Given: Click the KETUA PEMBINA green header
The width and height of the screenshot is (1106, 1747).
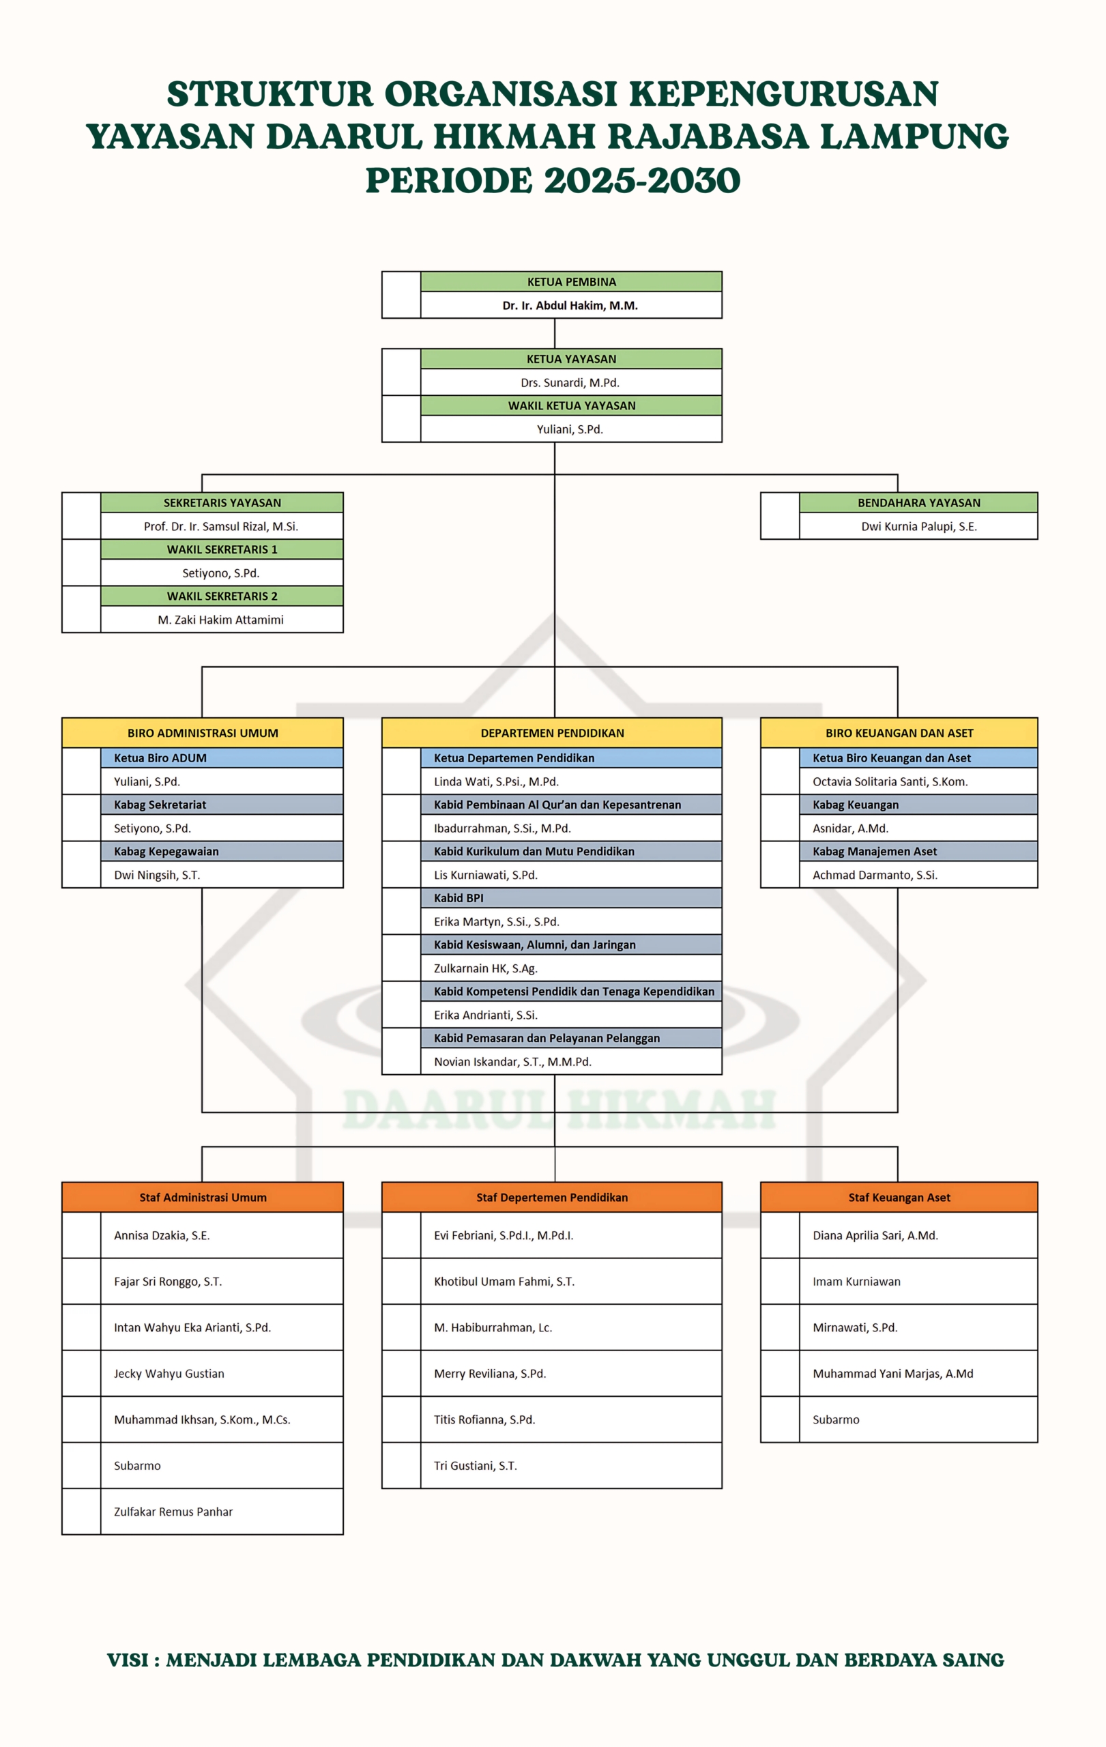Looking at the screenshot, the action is pos(571,281).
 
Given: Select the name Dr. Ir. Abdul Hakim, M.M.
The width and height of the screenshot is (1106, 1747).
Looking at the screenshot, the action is pos(570,306).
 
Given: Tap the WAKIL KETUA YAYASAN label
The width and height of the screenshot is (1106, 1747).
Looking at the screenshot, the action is pos(572,405).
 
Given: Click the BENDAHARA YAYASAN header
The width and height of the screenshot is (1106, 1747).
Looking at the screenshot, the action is pos(918,503).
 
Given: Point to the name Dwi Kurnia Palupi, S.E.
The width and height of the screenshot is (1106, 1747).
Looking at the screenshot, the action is pos(919,527).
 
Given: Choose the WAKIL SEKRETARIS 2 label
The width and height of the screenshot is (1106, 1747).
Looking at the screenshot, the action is pos(222,596).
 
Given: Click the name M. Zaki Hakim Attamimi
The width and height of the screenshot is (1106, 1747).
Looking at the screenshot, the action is pos(220,620).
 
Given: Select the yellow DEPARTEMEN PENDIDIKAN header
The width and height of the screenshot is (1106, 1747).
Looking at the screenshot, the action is pos(552,733).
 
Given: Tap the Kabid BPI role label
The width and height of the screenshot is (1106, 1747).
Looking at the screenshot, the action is pos(459,898).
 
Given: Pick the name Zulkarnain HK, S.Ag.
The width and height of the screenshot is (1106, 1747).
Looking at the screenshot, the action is pos(485,968).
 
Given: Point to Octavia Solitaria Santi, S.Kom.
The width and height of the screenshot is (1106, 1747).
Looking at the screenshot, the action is pos(890,781).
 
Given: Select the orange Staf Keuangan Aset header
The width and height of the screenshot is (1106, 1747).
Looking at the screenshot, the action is pos(899,1197).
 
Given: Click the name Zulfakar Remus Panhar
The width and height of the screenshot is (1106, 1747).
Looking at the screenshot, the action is pos(173,1512).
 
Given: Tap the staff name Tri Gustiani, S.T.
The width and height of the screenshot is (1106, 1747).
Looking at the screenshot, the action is pos(475,1466).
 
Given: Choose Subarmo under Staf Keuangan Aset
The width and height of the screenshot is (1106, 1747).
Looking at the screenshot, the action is pos(836,1420).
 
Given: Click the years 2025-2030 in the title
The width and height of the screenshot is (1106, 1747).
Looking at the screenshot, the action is pos(642,181).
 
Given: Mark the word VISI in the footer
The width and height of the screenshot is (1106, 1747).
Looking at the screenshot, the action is pos(128,1660).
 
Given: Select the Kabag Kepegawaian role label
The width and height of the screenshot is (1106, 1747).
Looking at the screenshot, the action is pos(166,852).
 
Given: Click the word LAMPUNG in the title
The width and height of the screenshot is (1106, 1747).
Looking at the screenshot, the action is pos(914,137).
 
